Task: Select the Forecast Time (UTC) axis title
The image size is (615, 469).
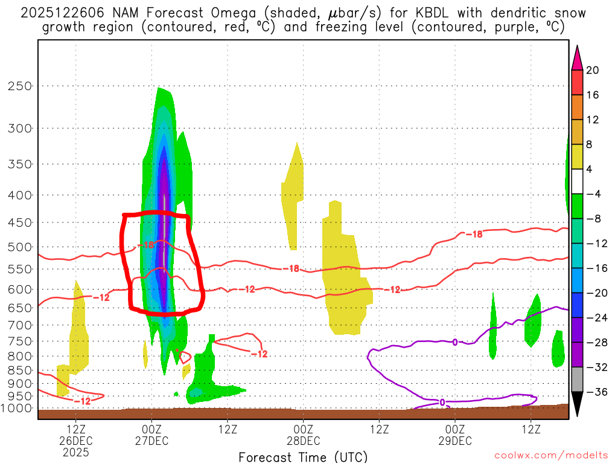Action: [303, 457]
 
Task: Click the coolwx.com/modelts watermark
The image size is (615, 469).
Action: [550, 454]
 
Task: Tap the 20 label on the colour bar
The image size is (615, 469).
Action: [592, 70]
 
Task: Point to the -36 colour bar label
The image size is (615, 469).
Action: [594, 392]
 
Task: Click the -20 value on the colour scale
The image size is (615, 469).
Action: [594, 293]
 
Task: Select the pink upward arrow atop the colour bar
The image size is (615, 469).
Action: [577, 57]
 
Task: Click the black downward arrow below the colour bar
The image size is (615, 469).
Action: [577, 404]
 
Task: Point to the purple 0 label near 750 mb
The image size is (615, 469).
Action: [454, 342]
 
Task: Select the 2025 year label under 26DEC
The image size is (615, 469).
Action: [75, 451]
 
